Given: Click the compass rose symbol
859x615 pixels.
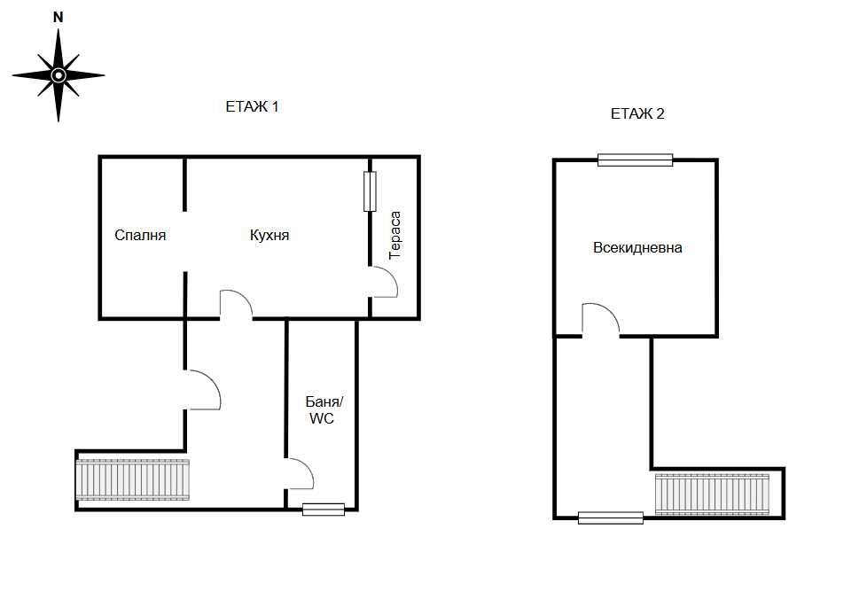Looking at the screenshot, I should pos(59,74).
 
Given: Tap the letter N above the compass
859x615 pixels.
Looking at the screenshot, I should pos(59,17).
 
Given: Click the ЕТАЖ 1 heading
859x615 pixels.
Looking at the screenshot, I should pos(253,107).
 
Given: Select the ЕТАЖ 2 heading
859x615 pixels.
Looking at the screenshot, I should pos(637,113).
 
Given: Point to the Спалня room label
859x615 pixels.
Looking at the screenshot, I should pos(140,236).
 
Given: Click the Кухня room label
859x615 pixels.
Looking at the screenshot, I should pos(269,236).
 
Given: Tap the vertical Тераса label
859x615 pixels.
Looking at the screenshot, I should pos(395,236).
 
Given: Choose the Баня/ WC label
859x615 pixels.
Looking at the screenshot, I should pos(321,410).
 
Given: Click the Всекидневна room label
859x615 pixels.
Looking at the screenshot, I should pos(637,248).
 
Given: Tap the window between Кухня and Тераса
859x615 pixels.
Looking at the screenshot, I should pos(370,191).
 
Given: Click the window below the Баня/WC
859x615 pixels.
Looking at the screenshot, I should pos(323,509).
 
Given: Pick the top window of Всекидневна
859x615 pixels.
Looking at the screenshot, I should pos(635,160).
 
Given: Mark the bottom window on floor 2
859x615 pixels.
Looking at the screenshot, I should pos(610,518).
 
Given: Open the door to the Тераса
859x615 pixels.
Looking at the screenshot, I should pos(384,283).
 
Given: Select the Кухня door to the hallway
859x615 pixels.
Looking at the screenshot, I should pos(236,305).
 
